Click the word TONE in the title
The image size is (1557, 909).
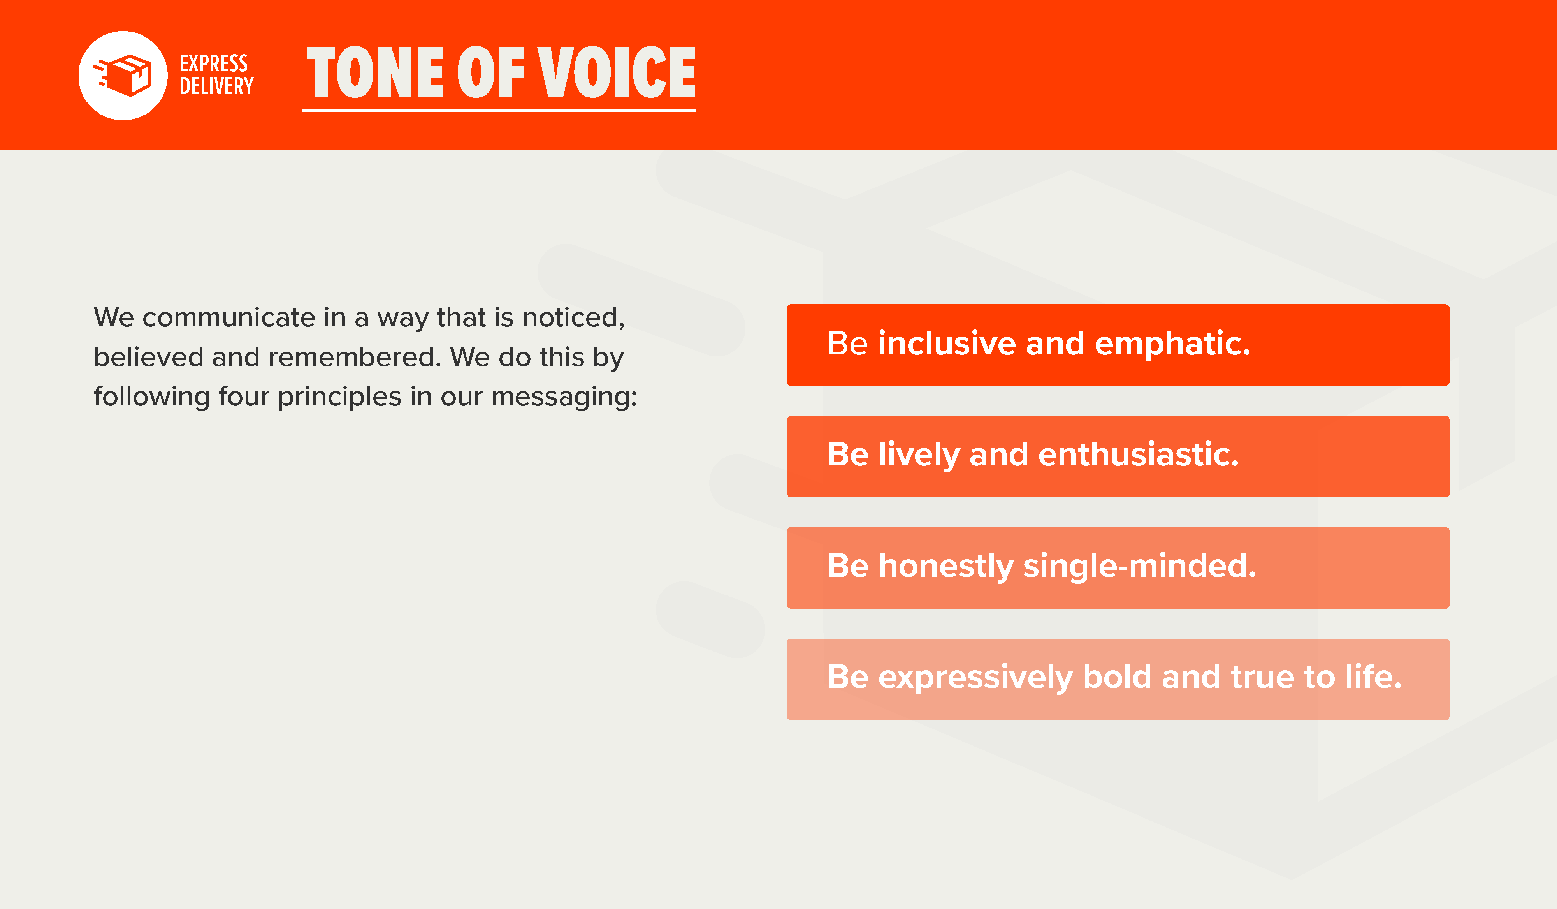click(375, 72)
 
